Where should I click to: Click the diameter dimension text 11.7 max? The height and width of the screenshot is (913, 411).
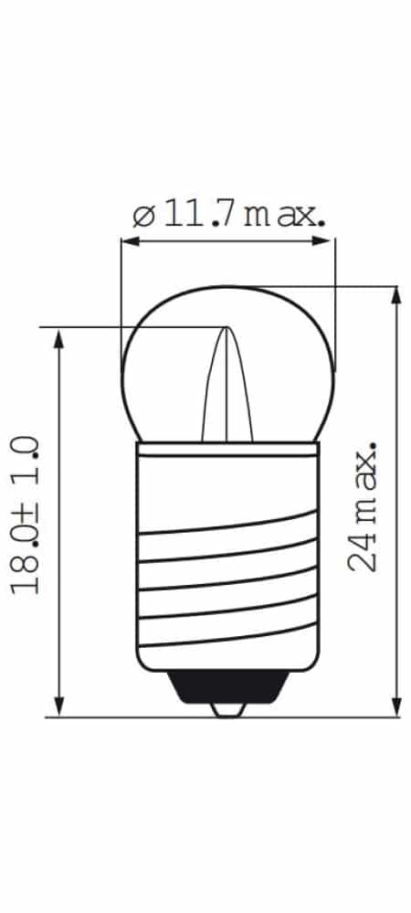click(x=243, y=216)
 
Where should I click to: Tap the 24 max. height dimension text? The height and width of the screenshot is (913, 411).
click(x=362, y=506)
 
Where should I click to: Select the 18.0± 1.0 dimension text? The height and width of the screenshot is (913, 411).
click(x=25, y=515)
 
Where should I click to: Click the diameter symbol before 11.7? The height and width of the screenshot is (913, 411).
click(x=143, y=217)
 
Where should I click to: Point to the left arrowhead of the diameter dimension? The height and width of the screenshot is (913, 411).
click(x=131, y=241)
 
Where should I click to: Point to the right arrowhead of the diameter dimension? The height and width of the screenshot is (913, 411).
click(x=325, y=241)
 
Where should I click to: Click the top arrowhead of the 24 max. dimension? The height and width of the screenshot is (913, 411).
click(x=395, y=296)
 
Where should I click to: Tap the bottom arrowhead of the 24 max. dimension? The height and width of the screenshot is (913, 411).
click(x=395, y=706)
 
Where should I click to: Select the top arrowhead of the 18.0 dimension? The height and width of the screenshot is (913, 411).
click(x=58, y=338)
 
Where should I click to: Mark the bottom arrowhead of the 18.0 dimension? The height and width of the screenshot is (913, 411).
click(x=58, y=706)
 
